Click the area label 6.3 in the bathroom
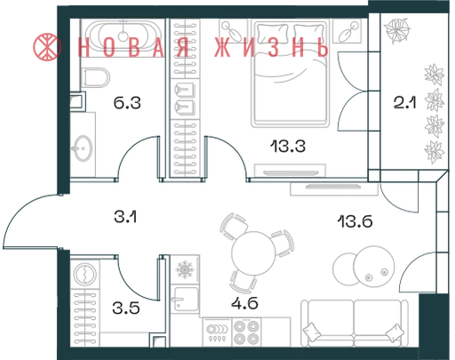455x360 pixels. coord(127,103)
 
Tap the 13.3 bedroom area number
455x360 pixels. coord(288,147)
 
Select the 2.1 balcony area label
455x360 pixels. coord(404,103)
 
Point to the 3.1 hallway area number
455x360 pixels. coord(125,217)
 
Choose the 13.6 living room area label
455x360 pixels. coord(355,221)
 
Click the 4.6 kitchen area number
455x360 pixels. coord(244,303)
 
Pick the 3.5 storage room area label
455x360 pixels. coord(126,308)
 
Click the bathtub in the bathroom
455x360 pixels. coord(124,36)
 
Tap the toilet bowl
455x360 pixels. coord(96,77)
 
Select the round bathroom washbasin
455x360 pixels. coord(83,148)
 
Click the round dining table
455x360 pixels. coord(253,253)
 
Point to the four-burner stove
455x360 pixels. coord(246,332)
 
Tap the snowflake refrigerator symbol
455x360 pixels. coord(185,269)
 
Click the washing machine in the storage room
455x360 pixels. coord(85,274)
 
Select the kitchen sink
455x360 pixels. coord(186,299)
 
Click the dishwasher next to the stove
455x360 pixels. coord(217,332)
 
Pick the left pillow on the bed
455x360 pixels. coord(273,34)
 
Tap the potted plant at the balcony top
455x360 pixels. coord(397,30)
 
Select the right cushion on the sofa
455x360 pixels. coord(395,332)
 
